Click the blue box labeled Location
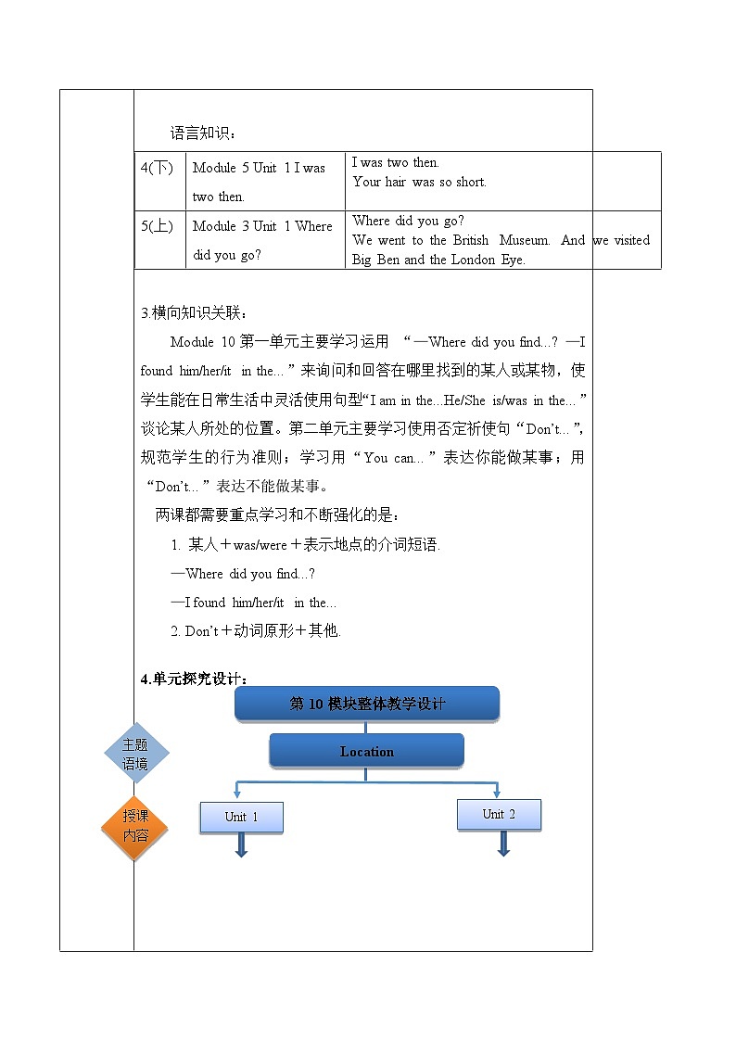[366, 751]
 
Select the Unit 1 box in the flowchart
[241, 817]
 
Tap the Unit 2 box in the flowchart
[499, 814]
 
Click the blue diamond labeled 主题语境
[135, 754]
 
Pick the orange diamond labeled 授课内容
[135, 826]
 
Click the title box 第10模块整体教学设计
[367, 704]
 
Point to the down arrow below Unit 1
[241, 844]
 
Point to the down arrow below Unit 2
[503, 843]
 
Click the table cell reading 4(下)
[158, 168]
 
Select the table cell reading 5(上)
[158, 226]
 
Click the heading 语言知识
[203, 133]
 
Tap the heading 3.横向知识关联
[195, 311]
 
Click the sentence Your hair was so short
[419, 182]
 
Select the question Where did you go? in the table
[408, 221]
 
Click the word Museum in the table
[525, 240]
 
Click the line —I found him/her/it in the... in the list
[254, 603]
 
